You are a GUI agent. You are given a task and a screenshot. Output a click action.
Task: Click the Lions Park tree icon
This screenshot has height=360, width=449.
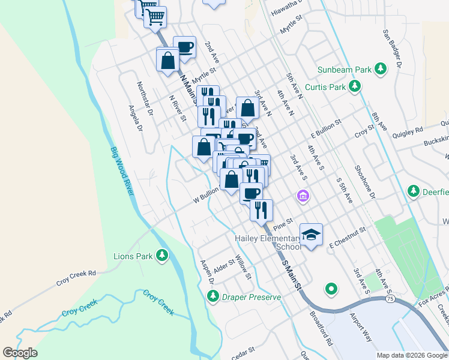161,256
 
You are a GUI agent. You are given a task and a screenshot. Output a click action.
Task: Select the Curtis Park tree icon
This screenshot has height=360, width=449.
355,87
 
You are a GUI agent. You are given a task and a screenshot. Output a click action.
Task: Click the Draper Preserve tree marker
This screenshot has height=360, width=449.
212,296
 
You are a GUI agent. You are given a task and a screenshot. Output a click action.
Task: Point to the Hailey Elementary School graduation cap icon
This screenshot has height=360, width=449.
311,233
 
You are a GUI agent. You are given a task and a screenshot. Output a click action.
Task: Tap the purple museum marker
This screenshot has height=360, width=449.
303,196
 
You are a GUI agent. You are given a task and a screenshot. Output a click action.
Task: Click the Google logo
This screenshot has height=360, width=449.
20,353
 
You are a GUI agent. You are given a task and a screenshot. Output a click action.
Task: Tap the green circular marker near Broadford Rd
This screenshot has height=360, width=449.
331,290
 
